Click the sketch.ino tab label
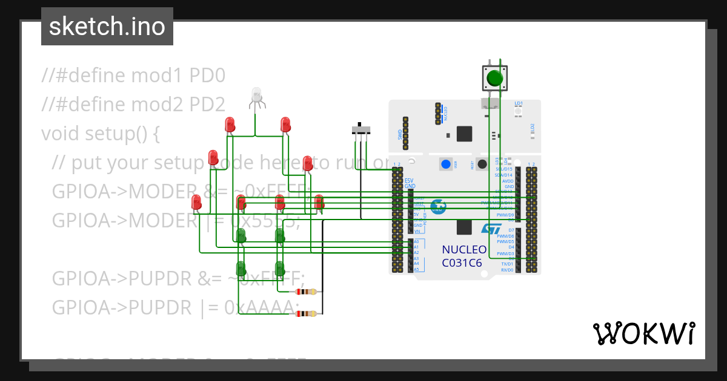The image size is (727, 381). click(x=107, y=27)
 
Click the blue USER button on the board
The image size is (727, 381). click(x=446, y=164)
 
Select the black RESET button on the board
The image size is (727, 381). click(x=482, y=164)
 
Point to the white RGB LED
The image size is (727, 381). click(x=256, y=95)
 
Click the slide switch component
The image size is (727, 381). click(x=362, y=130)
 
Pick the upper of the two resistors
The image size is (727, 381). click(x=305, y=292)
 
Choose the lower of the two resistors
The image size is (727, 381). click(x=305, y=313)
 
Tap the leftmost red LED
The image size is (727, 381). click(x=196, y=202)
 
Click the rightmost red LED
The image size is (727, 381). click(x=319, y=202)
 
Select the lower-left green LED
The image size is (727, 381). click(x=241, y=268)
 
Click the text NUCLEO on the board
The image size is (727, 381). click(x=463, y=250)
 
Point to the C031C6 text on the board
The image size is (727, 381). click(x=462, y=263)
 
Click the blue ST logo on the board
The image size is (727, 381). click(x=491, y=229)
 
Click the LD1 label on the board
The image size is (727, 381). click(x=518, y=103)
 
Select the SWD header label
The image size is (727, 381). click(x=400, y=134)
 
